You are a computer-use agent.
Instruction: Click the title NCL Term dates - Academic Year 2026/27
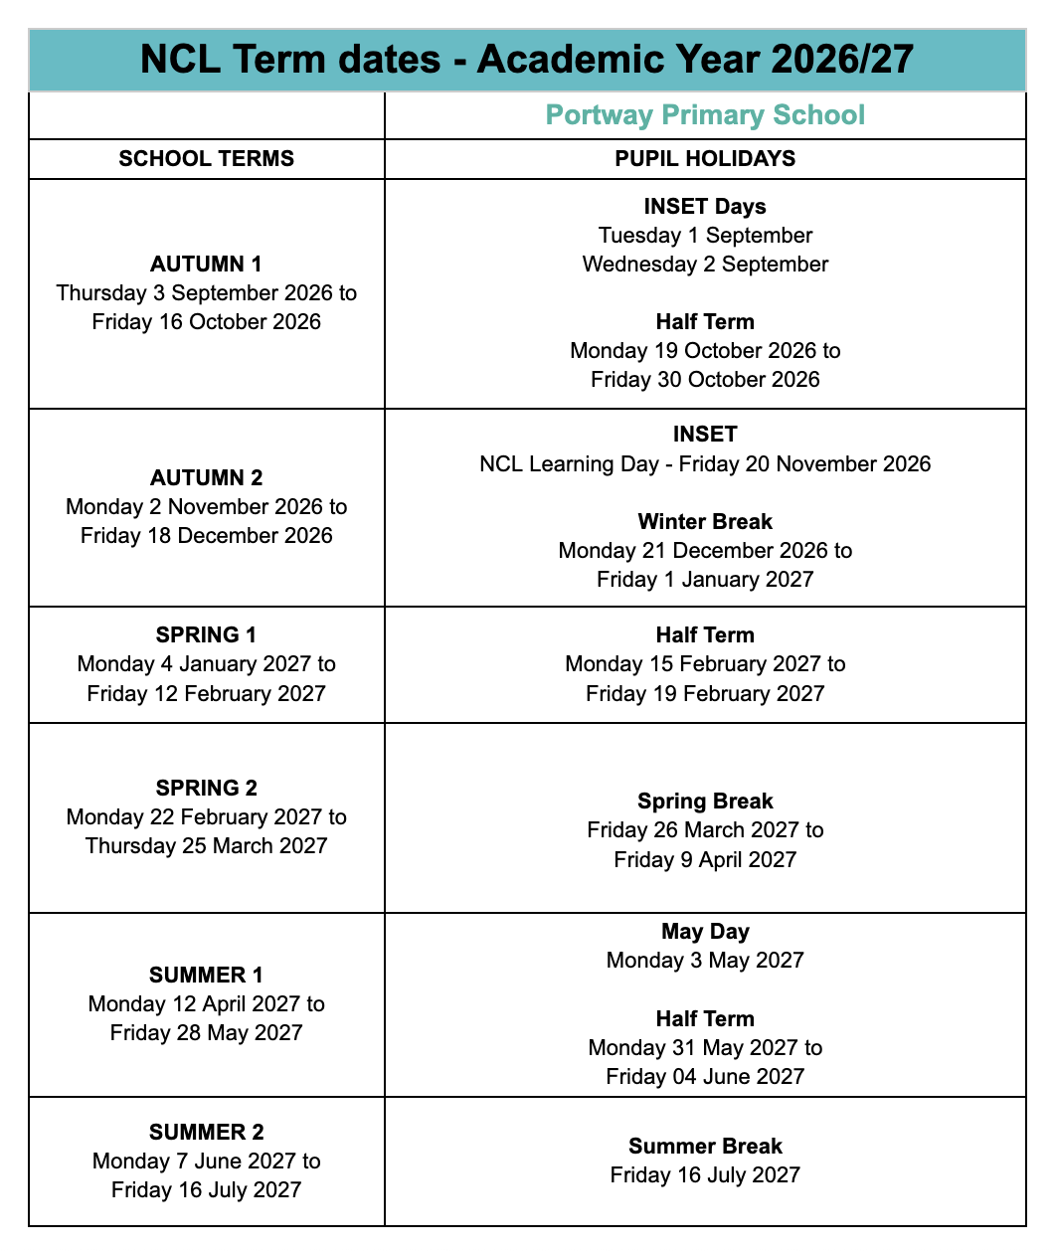point(527,60)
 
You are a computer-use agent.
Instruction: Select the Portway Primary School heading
point(705,115)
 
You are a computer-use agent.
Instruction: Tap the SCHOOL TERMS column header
point(207,159)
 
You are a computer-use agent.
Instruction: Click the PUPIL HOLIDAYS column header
point(705,159)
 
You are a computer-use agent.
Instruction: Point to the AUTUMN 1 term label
point(207,265)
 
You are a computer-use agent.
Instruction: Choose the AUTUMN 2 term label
point(207,478)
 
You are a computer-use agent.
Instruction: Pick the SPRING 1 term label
point(207,635)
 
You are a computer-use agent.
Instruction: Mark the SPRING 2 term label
point(207,789)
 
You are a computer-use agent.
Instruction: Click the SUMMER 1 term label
point(207,976)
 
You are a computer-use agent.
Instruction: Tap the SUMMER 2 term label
point(207,1133)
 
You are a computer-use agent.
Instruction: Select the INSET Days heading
point(705,207)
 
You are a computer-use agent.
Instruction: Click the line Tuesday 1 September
point(705,236)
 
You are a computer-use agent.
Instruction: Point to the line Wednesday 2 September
point(705,265)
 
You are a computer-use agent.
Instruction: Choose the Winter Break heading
point(705,522)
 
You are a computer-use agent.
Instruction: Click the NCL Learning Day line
point(705,464)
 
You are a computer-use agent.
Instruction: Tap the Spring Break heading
point(705,802)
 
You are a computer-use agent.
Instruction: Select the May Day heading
point(705,932)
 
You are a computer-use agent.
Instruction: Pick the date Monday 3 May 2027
point(705,961)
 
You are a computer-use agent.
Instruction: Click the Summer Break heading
point(705,1147)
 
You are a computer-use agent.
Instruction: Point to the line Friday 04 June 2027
point(705,1077)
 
